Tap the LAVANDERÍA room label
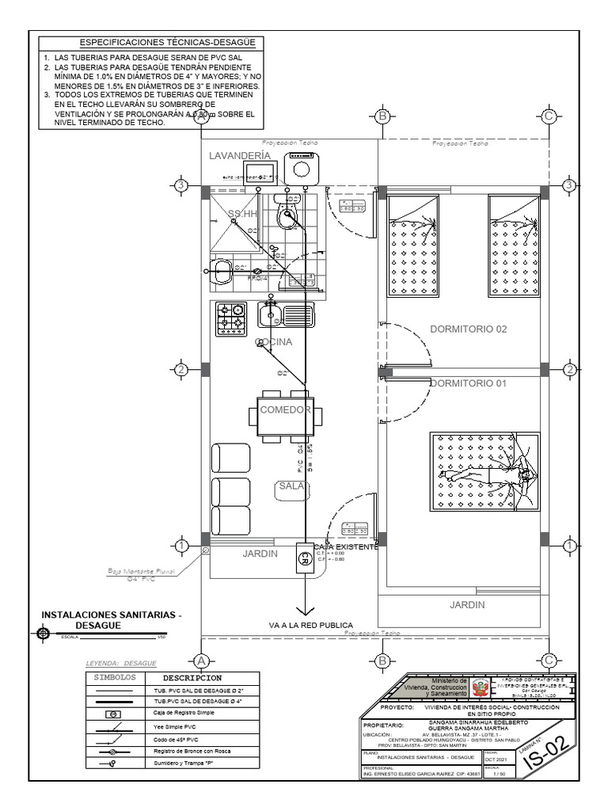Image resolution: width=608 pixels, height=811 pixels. click(x=234, y=157)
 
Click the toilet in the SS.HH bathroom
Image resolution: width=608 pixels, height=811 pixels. click(x=287, y=211)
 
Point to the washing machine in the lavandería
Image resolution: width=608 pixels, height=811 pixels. click(x=301, y=167)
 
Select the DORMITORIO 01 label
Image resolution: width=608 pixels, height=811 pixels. click(x=467, y=383)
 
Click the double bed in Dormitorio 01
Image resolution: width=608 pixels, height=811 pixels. click(x=484, y=471)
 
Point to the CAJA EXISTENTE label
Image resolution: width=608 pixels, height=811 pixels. click(x=346, y=546)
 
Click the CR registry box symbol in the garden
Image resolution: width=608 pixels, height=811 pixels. click(x=302, y=558)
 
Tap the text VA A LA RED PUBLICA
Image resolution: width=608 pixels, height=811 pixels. click(x=310, y=625)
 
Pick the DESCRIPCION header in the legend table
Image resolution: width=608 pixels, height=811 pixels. click(x=192, y=679)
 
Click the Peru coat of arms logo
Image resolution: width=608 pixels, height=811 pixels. click(x=482, y=687)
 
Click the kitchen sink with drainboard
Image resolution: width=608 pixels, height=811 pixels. click(x=286, y=315)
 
